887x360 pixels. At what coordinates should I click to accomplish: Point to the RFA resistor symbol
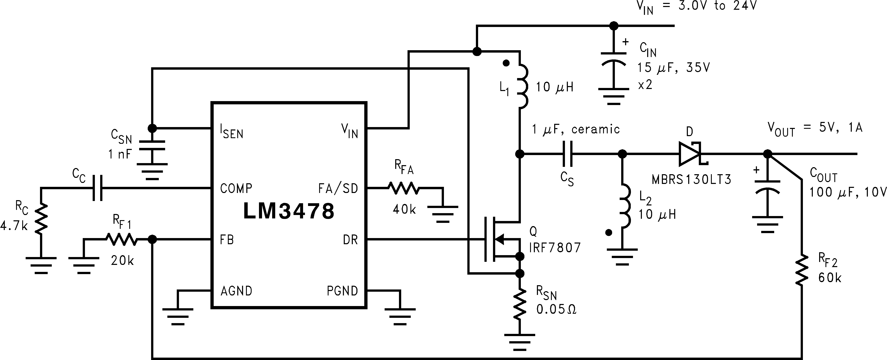click(404, 188)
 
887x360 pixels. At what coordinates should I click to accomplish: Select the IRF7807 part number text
click(555, 248)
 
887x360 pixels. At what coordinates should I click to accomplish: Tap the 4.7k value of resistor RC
click(14, 226)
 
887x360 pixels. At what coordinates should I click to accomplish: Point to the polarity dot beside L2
click(609, 233)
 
